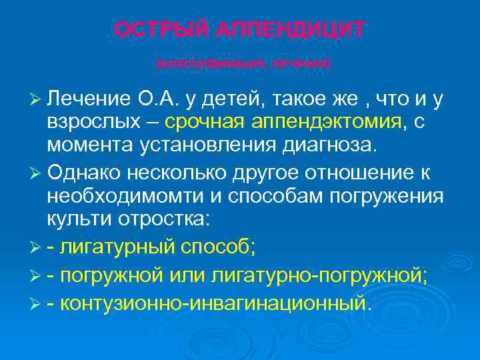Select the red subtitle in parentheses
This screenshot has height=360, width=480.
click(x=243, y=64)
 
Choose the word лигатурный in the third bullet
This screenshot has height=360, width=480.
click(x=114, y=248)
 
